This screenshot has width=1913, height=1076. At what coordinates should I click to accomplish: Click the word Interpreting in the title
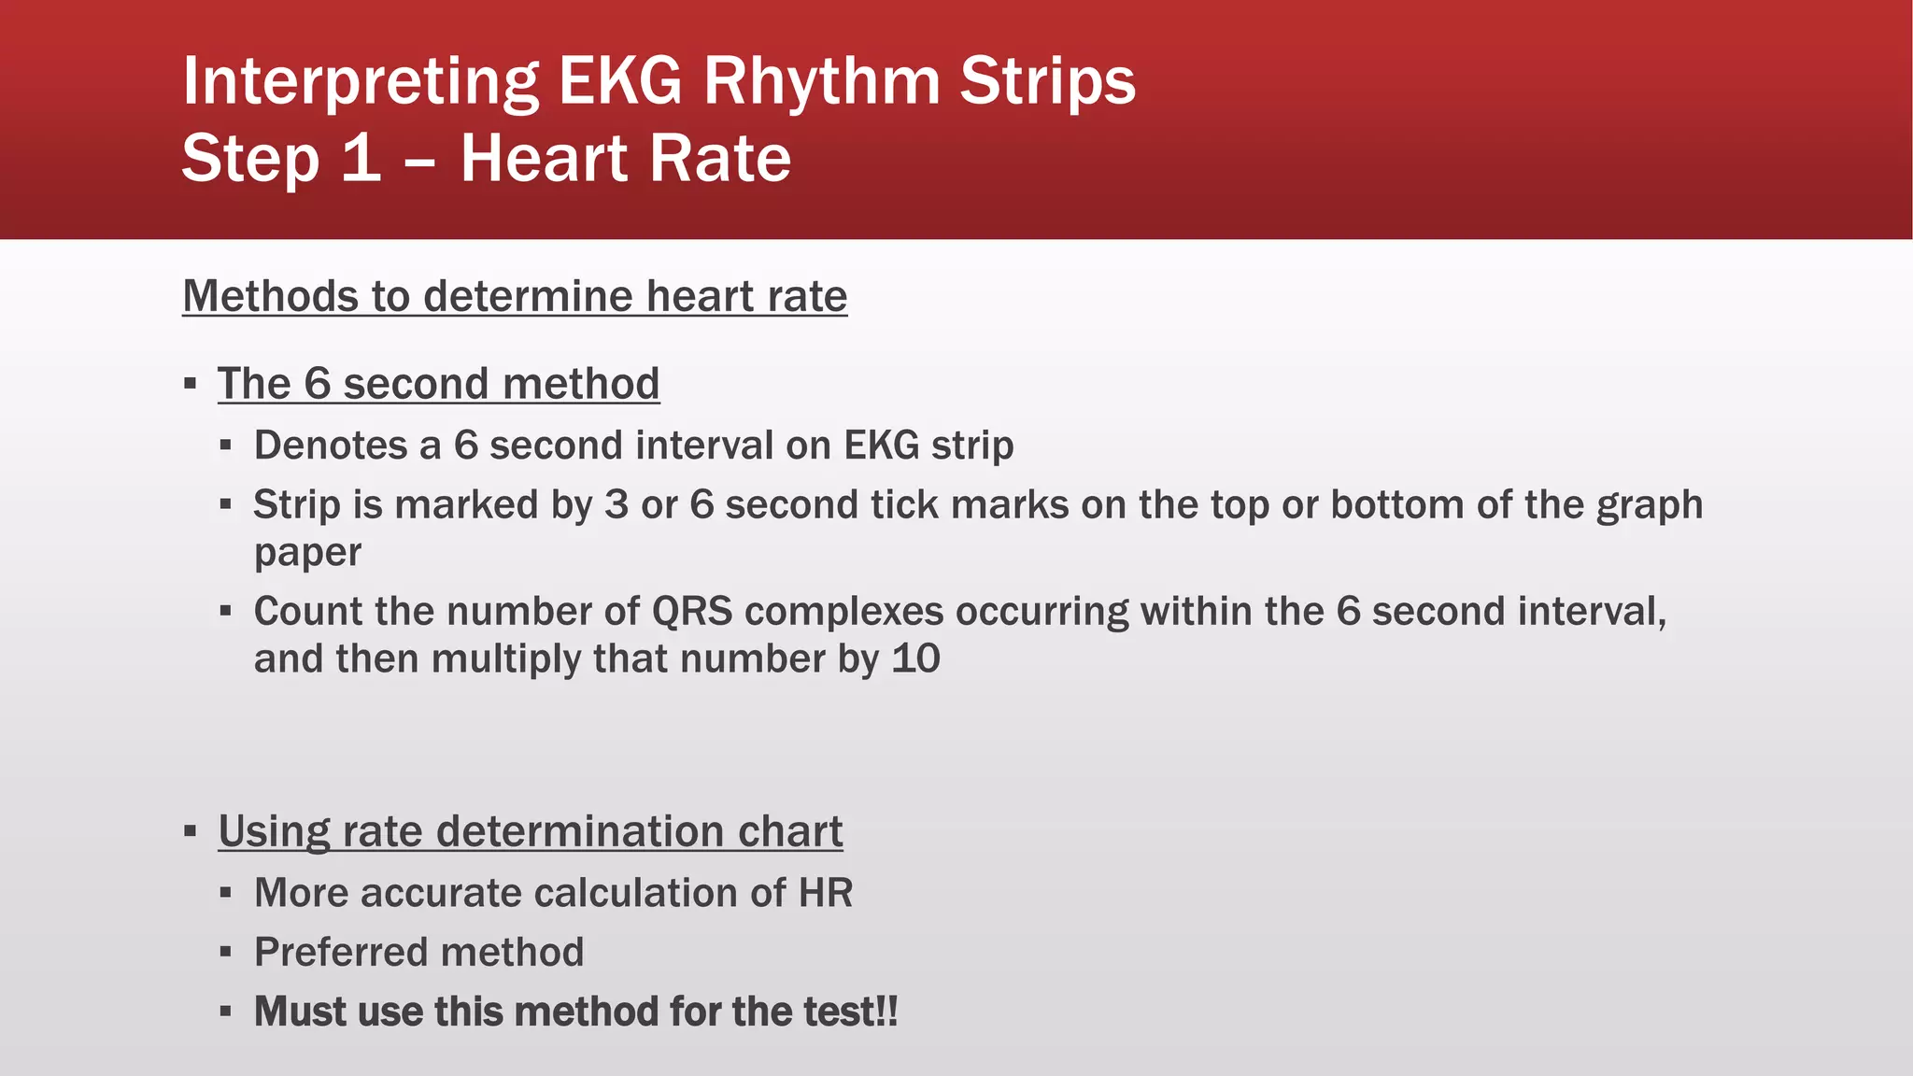click(361, 82)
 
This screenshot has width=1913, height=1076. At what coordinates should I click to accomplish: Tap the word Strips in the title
click(1047, 82)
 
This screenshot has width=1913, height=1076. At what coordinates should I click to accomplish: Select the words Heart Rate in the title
click(626, 159)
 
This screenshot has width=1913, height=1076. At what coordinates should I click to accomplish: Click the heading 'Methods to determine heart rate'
click(515, 296)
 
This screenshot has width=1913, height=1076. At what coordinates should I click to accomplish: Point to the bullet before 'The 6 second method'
click(191, 384)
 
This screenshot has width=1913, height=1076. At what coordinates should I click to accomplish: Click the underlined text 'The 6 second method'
click(438, 384)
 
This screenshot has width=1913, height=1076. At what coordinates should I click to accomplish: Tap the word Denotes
click(330, 446)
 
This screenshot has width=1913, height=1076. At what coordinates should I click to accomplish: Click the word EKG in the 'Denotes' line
click(882, 446)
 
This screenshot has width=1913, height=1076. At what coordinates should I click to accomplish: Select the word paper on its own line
click(307, 553)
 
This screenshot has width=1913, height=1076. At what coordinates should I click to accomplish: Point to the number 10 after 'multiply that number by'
click(915, 659)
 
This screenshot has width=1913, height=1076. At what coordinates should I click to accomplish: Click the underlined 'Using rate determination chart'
click(530, 831)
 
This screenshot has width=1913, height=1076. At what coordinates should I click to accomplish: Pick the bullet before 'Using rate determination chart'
click(191, 830)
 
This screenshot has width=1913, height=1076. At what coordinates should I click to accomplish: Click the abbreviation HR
click(825, 893)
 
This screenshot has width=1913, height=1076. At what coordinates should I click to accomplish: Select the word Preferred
click(340, 953)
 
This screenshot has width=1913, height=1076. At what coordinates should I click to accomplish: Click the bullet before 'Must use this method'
click(225, 1012)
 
